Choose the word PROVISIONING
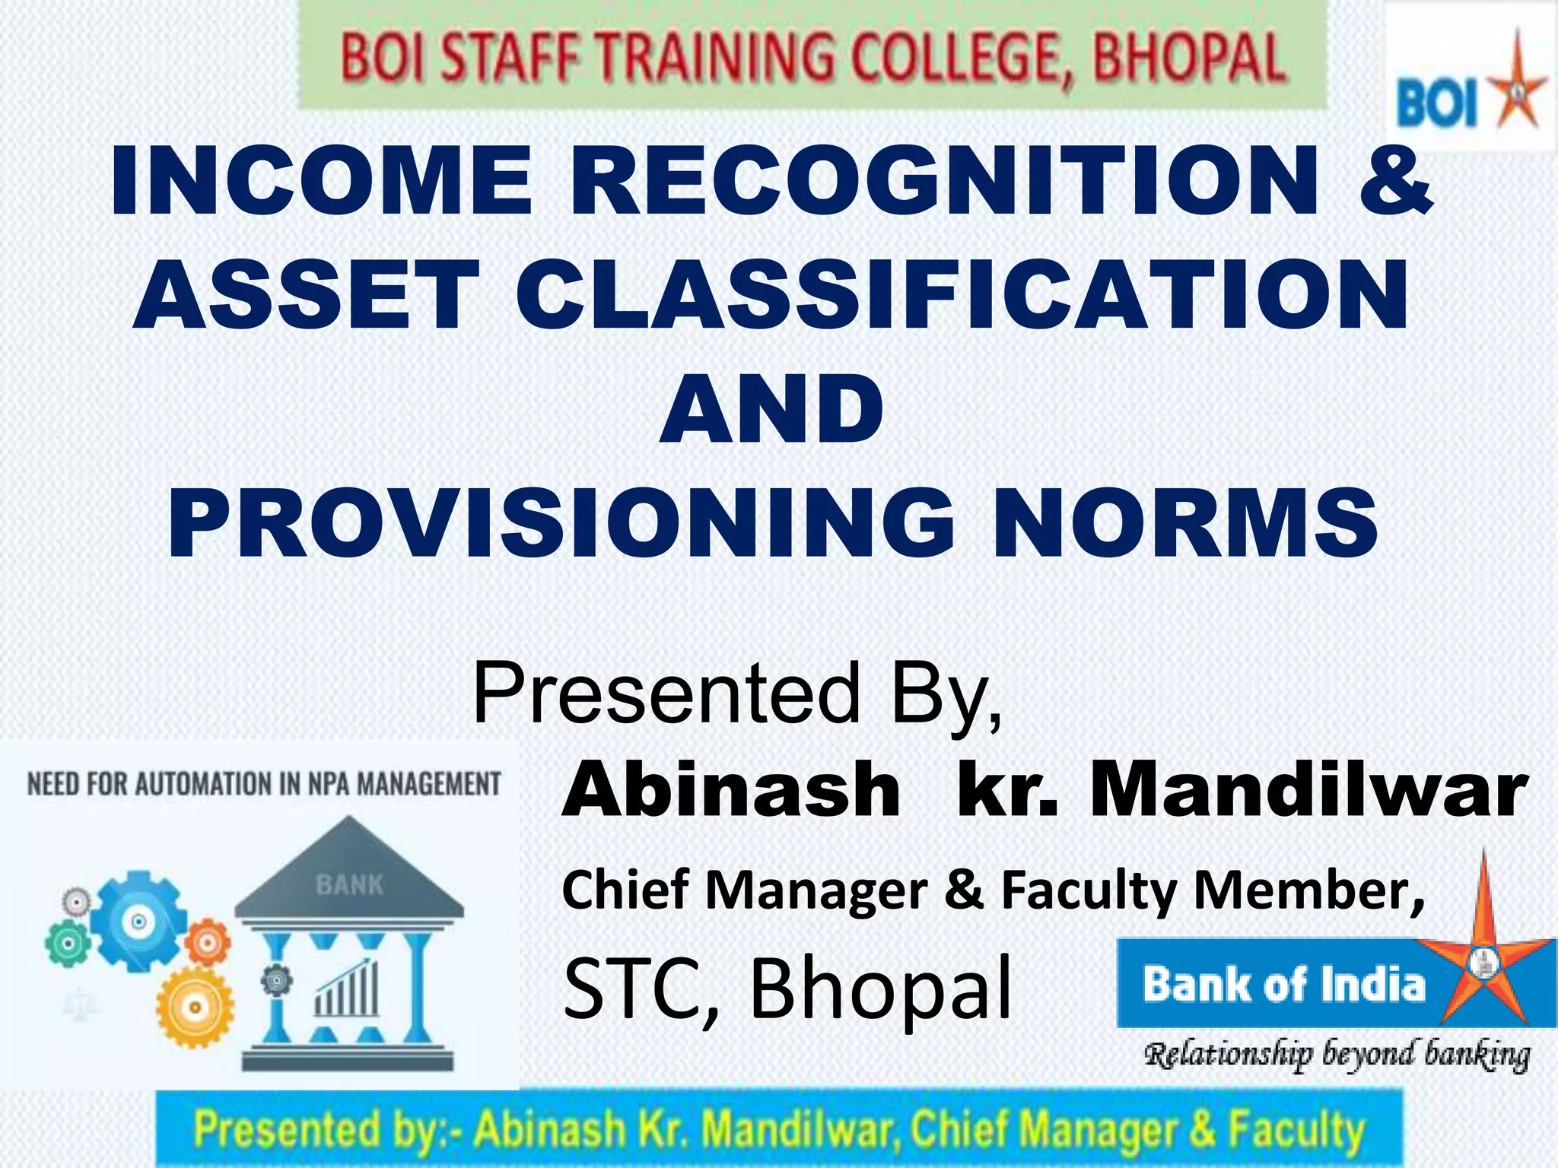click(x=560, y=522)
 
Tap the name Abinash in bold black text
click(x=730, y=791)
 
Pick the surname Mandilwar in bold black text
click(x=1308, y=791)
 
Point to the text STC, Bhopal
click(x=787, y=989)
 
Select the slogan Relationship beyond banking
click(x=1337, y=1055)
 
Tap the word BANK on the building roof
click(x=349, y=885)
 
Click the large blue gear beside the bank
click(x=138, y=922)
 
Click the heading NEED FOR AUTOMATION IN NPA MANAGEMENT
click(x=264, y=784)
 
